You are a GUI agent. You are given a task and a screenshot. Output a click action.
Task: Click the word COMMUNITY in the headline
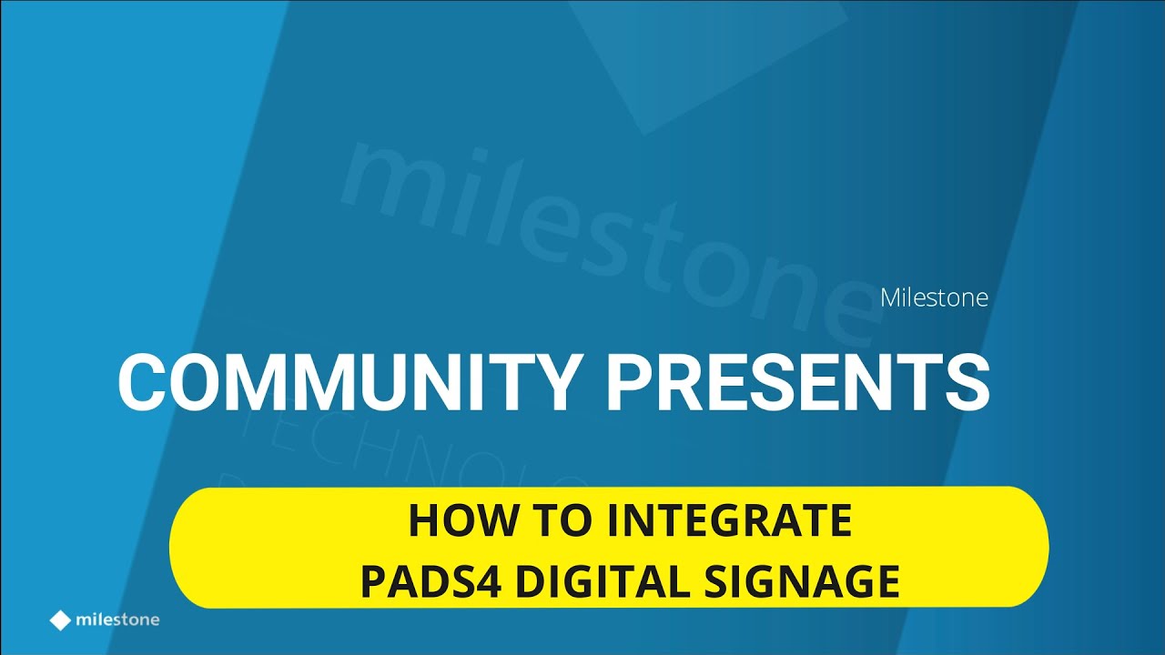click(x=349, y=382)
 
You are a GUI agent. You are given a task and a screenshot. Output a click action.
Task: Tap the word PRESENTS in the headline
click(x=797, y=382)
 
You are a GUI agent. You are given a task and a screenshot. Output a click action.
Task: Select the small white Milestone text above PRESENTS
click(x=934, y=298)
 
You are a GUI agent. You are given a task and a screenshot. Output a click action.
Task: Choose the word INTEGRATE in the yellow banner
click(x=729, y=521)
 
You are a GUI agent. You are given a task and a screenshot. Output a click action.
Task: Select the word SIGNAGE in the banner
click(x=803, y=581)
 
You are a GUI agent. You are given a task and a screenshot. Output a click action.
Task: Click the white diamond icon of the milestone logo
click(x=60, y=620)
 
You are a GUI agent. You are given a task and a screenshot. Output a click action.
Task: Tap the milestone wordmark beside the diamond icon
click(x=117, y=620)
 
